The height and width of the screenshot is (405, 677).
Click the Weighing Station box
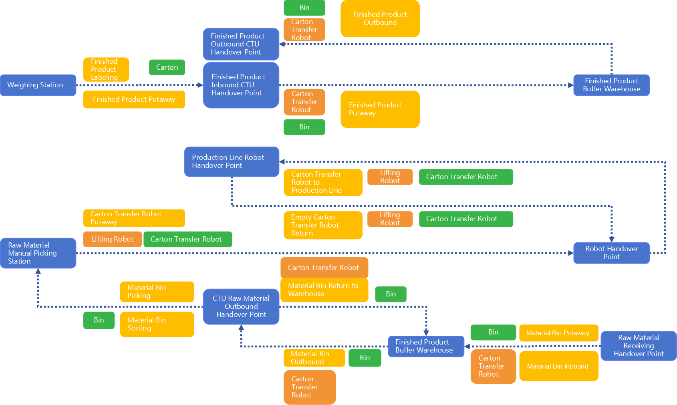point(38,85)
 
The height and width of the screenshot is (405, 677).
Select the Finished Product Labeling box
point(106,69)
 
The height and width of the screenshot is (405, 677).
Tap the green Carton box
point(167,67)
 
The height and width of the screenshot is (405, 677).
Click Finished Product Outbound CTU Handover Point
point(241,44)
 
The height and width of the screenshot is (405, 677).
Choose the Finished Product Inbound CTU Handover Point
point(241,85)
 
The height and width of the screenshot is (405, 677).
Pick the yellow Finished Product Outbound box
point(380,18)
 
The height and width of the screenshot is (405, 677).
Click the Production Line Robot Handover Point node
point(232,161)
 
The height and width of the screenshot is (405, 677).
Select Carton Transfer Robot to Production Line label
point(323,182)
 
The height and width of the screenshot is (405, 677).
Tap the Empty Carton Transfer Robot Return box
point(323,225)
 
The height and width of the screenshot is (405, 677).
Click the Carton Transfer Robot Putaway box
point(134,218)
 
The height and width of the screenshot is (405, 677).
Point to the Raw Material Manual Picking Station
point(38,253)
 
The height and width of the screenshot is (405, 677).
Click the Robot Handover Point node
point(611,253)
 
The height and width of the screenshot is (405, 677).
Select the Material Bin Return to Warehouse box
point(324,290)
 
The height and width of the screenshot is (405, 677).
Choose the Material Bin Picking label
point(157,292)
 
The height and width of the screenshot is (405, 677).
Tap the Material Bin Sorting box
point(157,324)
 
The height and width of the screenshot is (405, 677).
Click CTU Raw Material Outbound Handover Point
point(241,306)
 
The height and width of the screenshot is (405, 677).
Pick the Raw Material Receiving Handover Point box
point(639,346)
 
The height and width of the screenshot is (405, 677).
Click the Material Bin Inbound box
point(558,366)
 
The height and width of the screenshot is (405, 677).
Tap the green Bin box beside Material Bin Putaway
point(493,332)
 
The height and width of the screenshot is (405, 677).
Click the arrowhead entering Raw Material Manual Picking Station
point(38,272)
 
